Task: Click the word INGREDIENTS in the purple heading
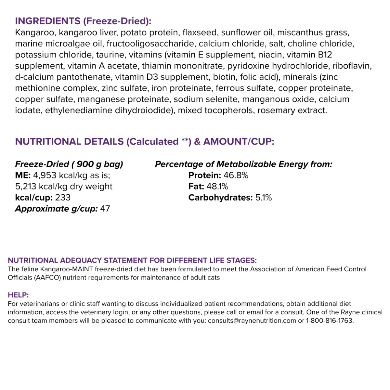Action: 48,21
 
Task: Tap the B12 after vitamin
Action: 325,55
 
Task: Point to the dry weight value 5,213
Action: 26,187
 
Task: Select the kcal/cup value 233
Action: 63,198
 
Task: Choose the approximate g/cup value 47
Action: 105,209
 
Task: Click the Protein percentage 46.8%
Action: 236,175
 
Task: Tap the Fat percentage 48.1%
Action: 217,187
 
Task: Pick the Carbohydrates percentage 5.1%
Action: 263,198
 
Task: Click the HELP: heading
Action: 18,295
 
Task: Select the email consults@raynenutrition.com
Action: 252,321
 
